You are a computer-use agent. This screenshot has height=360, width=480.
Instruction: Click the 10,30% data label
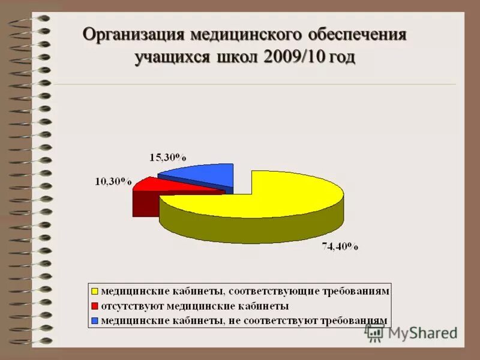coord(112,181)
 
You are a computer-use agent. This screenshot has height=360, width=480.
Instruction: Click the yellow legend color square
coord(95,292)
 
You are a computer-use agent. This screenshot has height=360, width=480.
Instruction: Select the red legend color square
coord(95,306)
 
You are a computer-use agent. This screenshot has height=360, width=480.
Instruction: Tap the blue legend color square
coord(95,320)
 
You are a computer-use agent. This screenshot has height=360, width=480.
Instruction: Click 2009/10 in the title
coord(292,58)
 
